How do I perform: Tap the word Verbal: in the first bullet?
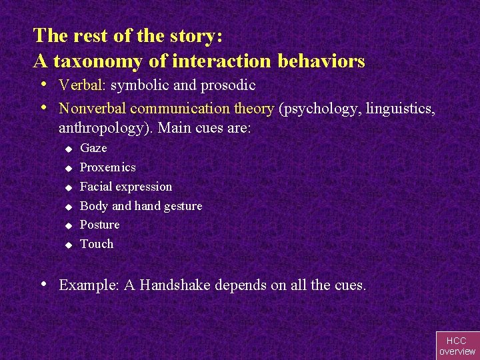pos(83,85)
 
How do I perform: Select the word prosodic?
pos(228,85)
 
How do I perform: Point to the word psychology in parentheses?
pos(315,107)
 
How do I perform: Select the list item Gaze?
pos(93,148)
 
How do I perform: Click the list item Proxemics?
pos(107,167)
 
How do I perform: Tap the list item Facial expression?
pos(126,187)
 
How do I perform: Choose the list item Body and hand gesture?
pos(141,206)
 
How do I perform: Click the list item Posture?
pos(100,225)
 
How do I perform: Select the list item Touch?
pos(97,244)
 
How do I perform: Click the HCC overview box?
pos(457,345)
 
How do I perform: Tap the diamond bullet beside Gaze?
pos(67,149)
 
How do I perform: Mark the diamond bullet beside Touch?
pos(67,245)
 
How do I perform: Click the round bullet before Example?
pos(43,284)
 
